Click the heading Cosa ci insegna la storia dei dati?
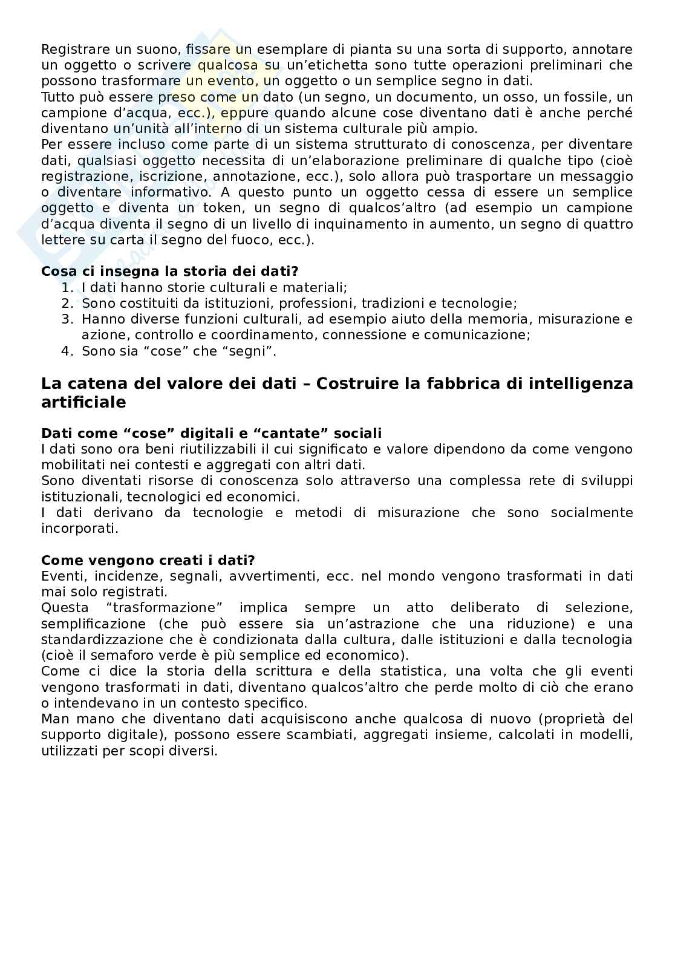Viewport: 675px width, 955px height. pos(170,272)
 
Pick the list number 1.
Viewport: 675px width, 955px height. pos(67,288)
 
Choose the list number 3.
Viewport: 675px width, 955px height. pos(67,319)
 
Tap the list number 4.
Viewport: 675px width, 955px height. pos(67,351)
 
